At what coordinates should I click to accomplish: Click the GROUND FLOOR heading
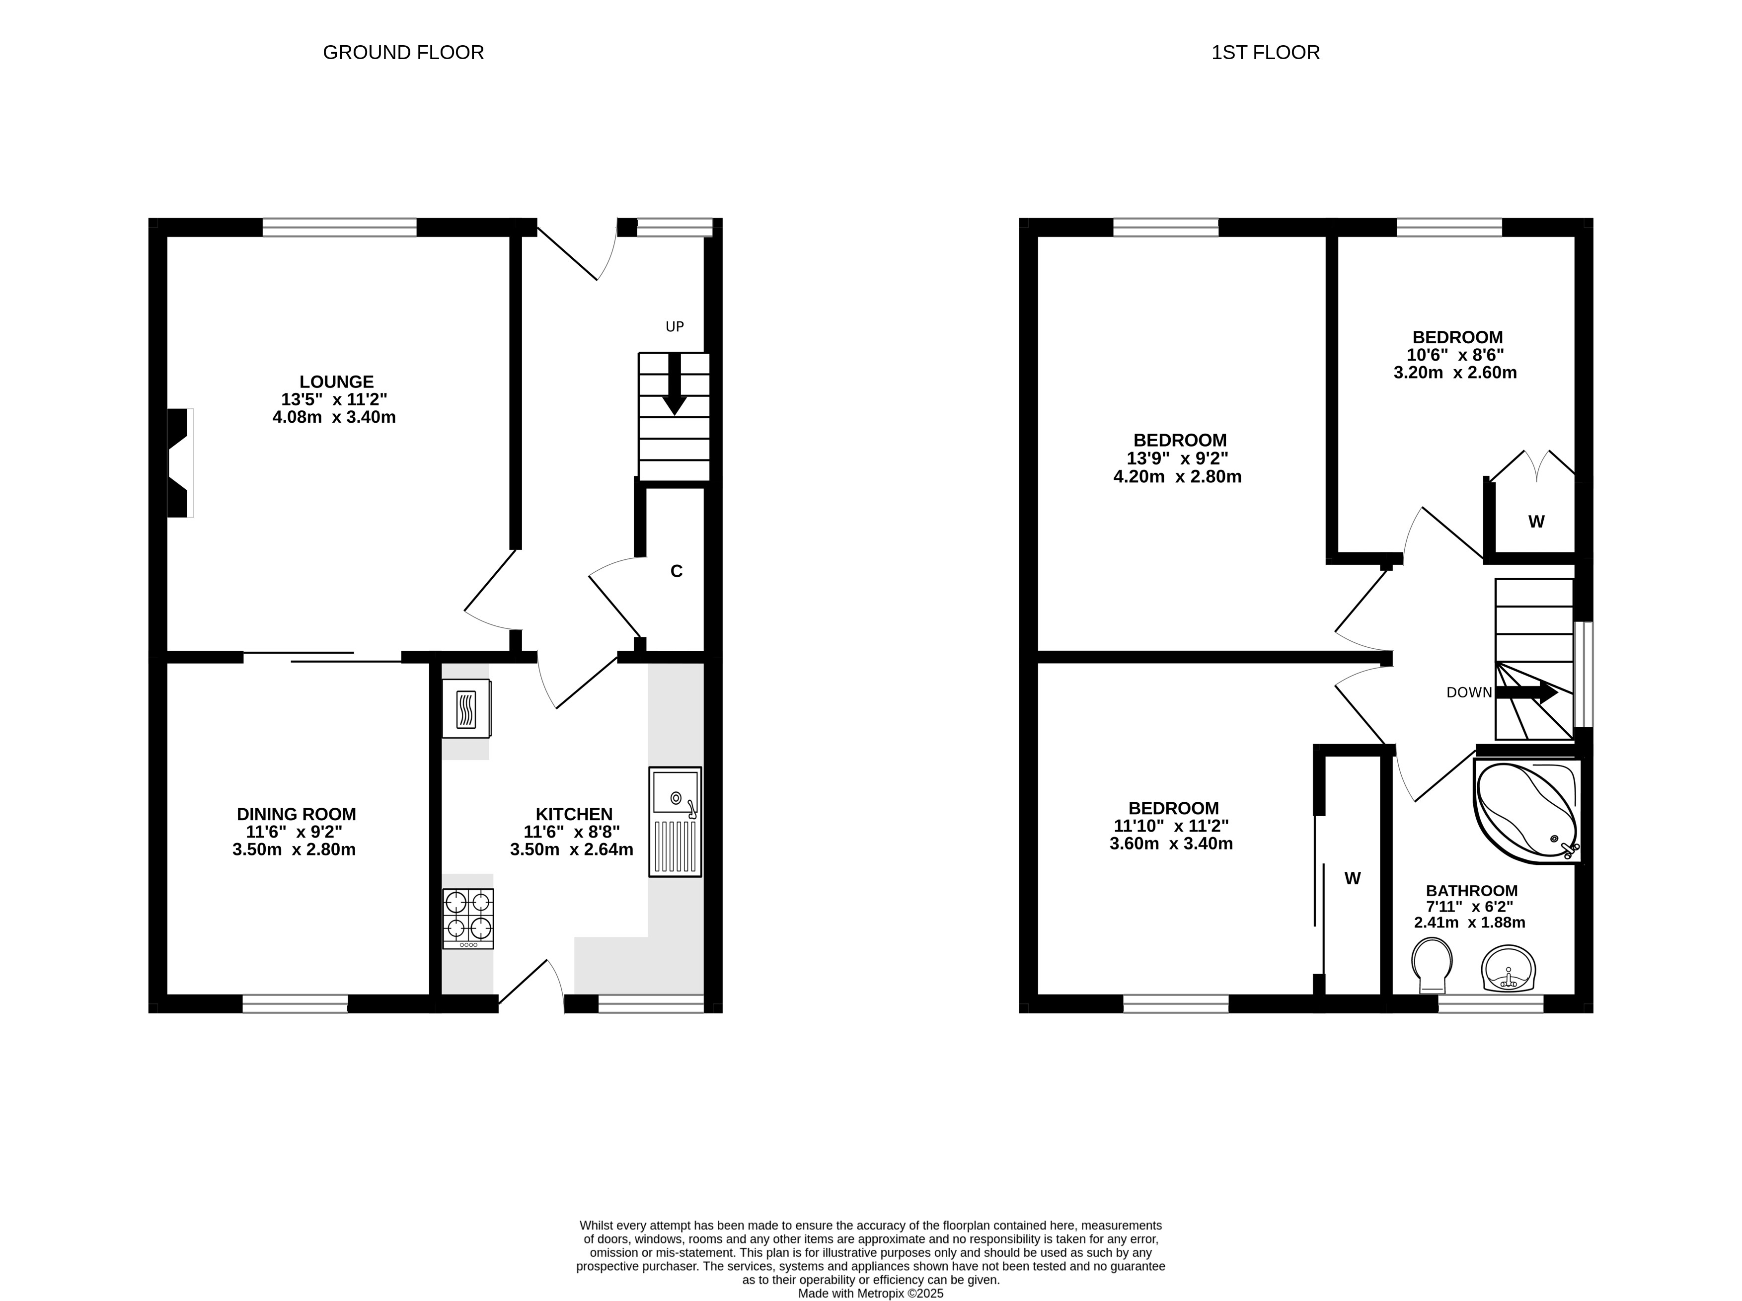tap(403, 53)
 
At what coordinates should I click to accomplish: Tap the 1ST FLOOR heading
tap(1266, 53)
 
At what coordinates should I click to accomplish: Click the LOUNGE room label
tap(336, 382)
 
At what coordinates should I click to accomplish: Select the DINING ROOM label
tap(296, 814)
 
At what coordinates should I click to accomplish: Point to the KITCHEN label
tap(574, 814)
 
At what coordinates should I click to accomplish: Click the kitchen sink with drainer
tap(675, 822)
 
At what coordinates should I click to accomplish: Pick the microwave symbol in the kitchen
tap(467, 709)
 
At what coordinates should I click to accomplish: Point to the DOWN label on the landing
tap(1469, 692)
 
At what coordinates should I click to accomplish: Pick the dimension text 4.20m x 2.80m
tap(1177, 476)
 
